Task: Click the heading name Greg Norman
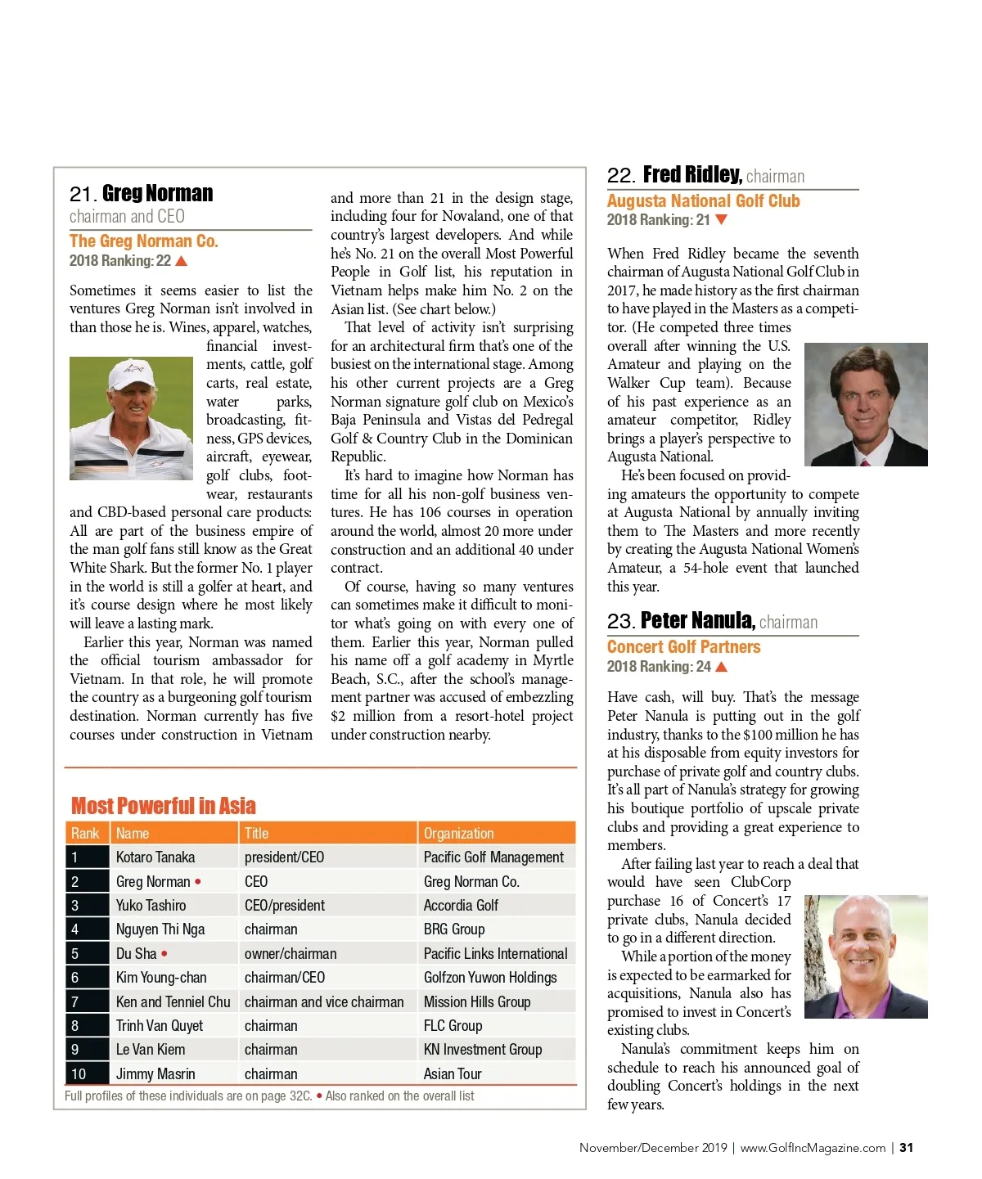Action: point(157,194)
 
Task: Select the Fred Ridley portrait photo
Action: point(866,404)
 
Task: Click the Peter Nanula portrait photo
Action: point(866,956)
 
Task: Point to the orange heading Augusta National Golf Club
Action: point(703,201)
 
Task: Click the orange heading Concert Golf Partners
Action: point(683,647)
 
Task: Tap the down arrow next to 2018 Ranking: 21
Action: point(721,220)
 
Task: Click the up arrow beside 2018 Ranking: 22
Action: point(182,261)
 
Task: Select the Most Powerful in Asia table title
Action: point(163,806)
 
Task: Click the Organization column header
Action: point(458,834)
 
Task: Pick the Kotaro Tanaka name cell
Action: point(155,857)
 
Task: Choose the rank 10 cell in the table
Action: point(79,1073)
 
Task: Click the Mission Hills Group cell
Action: point(477,1002)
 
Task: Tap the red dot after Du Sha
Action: point(164,954)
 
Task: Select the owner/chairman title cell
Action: point(291,954)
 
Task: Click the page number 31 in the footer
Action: point(906,1148)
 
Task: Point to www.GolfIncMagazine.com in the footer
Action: point(813,1148)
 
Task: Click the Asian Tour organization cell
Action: point(453,1073)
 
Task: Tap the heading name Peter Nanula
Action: point(697,621)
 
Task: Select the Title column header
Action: point(256,834)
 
